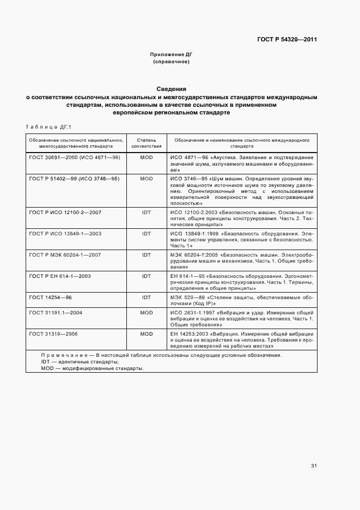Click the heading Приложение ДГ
(171, 54)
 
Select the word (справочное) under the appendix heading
(171, 62)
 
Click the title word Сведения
(171, 88)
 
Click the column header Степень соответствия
(147, 143)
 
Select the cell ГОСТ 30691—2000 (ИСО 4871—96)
(75, 157)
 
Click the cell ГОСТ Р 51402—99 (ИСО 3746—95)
(75, 178)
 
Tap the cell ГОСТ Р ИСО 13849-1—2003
(65, 233)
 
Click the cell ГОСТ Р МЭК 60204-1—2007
(66, 254)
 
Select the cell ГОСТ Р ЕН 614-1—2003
(60, 276)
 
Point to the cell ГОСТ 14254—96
(51, 297)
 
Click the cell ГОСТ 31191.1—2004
(56, 313)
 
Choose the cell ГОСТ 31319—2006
(53, 333)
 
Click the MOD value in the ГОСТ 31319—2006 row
(147, 333)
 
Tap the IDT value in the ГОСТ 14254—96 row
(147, 297)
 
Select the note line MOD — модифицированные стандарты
(93, 368)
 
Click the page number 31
(314, 466)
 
